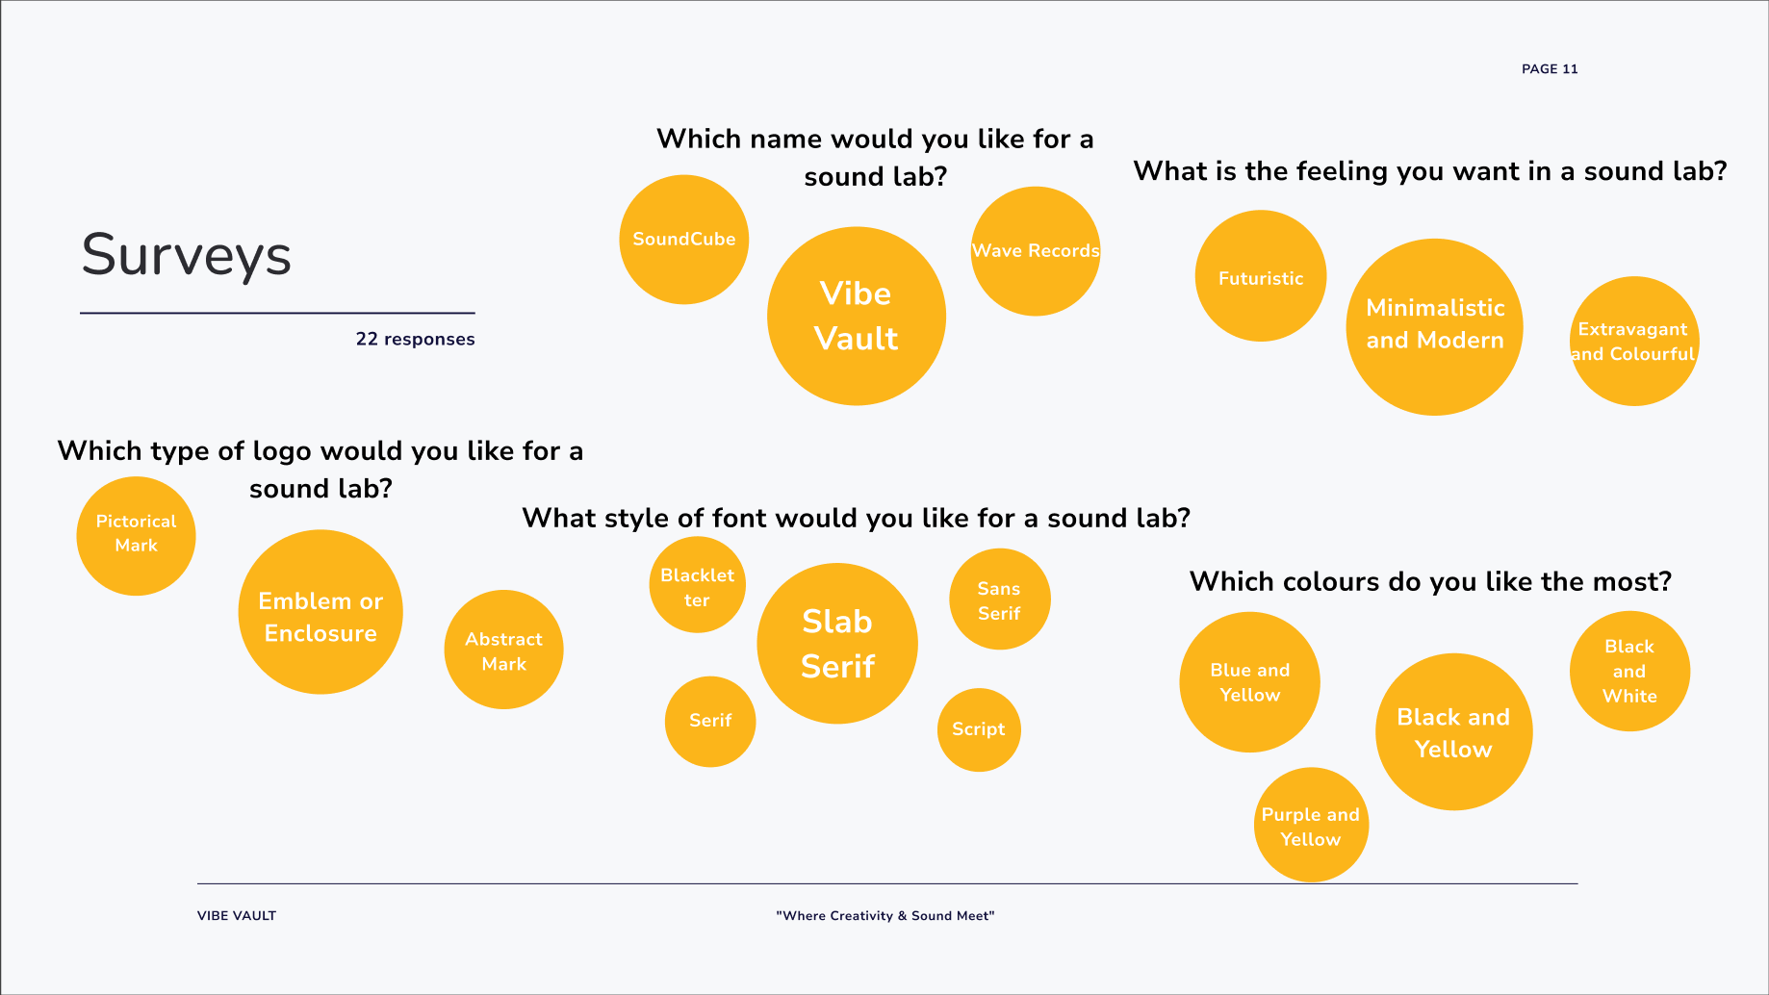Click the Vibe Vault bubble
click(857, 316)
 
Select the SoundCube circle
click(684, 240)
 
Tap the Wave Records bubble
click(1036, 251)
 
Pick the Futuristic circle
click(1261, 276)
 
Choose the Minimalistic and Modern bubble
click(1435, 327)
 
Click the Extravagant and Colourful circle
click(1634, 342)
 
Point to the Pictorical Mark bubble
click(136, 536)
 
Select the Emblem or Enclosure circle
click(320, 612)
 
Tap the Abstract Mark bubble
click(503, 650)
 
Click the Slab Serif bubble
click(837, 644)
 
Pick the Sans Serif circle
click(999, 600)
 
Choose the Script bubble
click(979, 729)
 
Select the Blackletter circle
click(698, 585)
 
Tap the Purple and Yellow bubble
click(1311, 825)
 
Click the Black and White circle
click(1629, 672)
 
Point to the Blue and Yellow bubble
click(1249, 682)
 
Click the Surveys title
click(187, 256)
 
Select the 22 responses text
click(415, 339)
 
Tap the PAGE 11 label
click(1550, 69)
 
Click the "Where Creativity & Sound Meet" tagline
click(885, 916)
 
